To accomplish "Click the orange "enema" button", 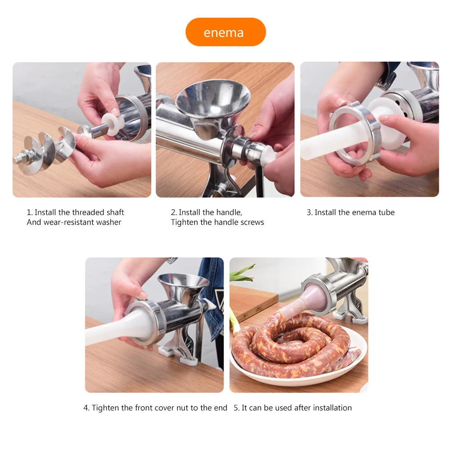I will (x=225, y=32).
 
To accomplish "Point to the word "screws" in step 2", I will (x=252, y=222).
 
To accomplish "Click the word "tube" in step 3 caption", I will (x=387, y=212).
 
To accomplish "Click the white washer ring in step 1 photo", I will (x=110, y=124).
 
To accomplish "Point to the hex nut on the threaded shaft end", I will (x=21, y=159).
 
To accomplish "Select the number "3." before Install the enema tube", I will (x=310, y=212).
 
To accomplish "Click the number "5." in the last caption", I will (x=237, y=408).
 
